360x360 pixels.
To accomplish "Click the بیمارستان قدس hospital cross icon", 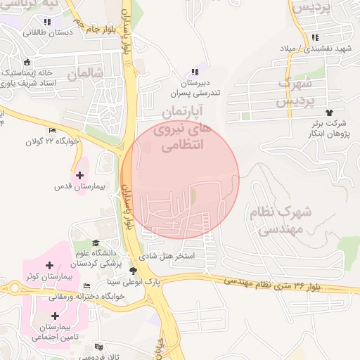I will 79,175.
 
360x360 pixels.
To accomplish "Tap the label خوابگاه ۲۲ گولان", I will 79,141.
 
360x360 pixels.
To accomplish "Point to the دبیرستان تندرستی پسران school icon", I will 195,72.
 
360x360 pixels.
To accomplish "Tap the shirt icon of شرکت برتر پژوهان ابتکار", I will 328,112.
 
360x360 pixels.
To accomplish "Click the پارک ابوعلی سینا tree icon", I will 133,270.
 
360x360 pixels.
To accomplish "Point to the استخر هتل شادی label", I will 174,257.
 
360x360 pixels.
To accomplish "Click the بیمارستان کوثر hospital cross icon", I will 49,265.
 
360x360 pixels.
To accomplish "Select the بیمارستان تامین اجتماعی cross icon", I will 55,316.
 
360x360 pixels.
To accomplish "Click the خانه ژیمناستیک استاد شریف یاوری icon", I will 27,62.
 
